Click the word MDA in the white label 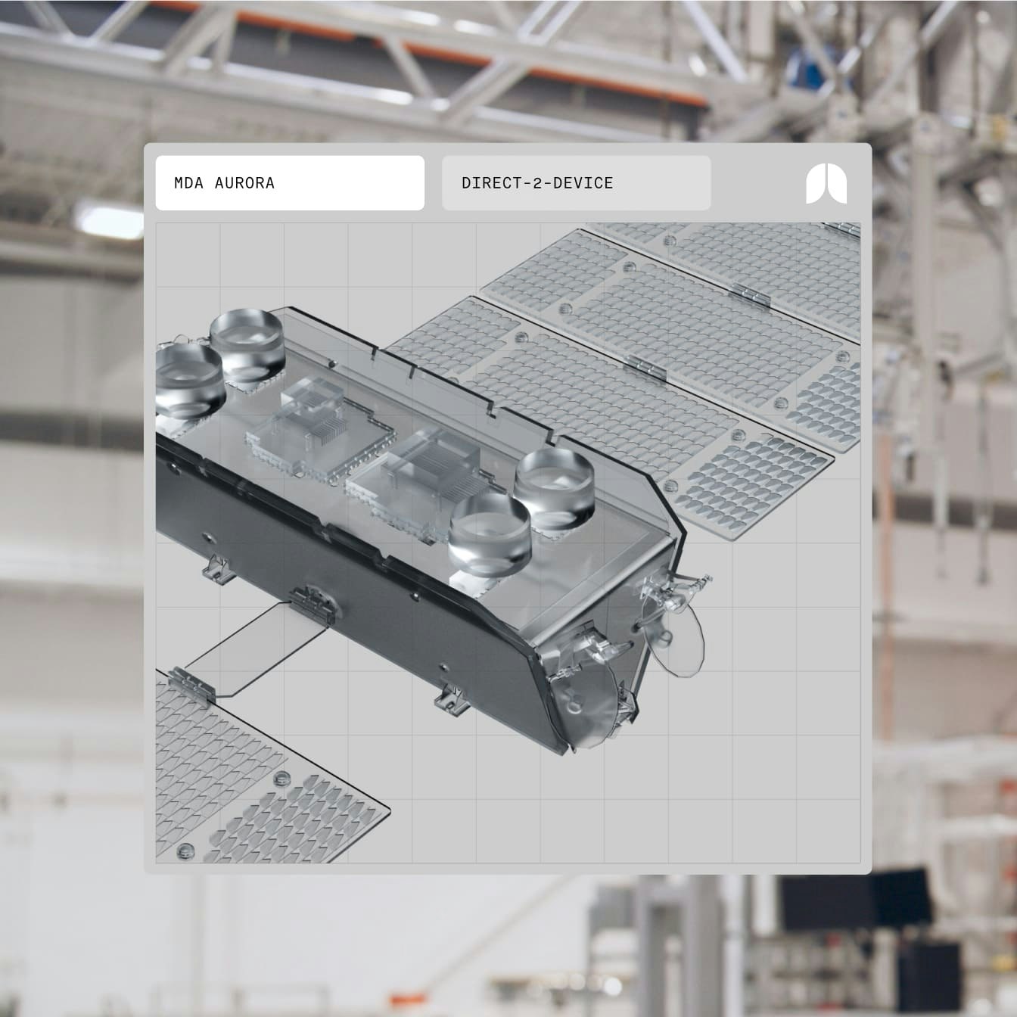(x=188, y=183)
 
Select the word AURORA (x=245, y=183)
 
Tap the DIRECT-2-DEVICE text (x=537, y=183)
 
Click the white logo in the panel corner (x=826, y=184)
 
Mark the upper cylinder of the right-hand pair (x=554, y=489)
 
